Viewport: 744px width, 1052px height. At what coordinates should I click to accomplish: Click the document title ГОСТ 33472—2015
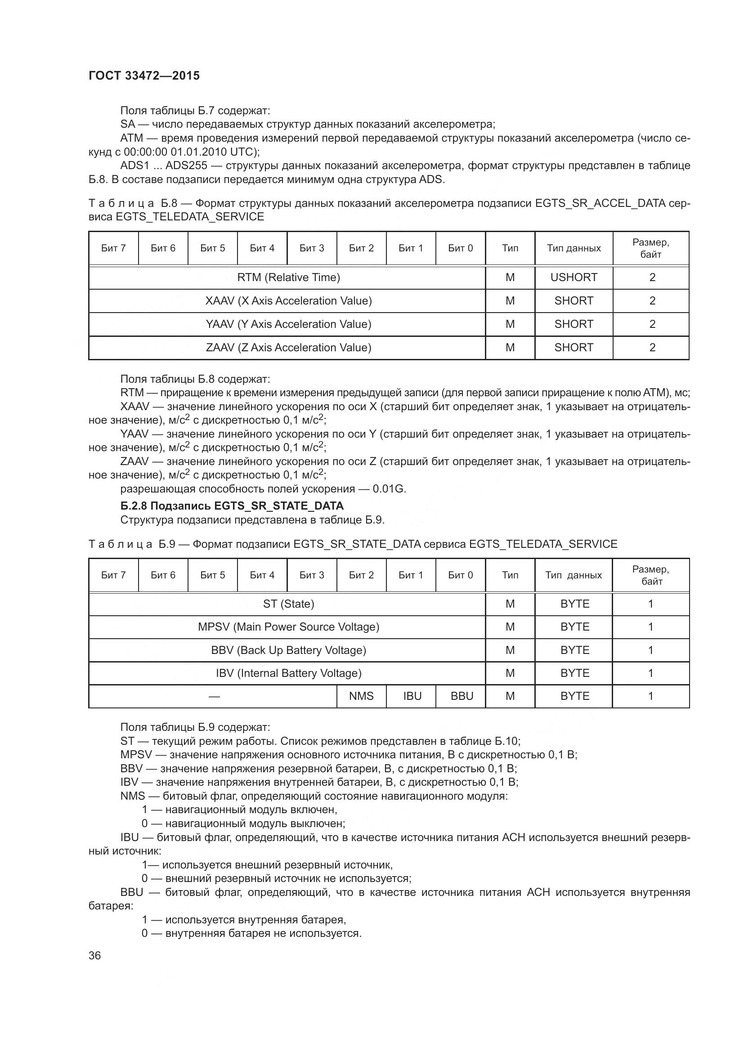click(x=144, y=76)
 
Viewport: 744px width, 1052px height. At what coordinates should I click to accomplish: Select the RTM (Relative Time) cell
click(x=288, y=277)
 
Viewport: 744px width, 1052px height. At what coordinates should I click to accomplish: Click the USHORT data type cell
click(x=574, y=277)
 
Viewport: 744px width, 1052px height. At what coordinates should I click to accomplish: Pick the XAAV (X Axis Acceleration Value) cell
click(x=288, y=300)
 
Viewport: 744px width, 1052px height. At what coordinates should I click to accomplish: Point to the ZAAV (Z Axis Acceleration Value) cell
click(x=288, y=347)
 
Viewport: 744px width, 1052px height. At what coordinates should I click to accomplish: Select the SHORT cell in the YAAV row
click(x=574, y=324)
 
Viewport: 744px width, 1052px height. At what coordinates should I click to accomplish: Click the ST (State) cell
click(x=288, y=604)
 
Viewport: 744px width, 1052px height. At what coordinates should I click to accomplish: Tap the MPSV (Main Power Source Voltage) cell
click(x=288, y=627)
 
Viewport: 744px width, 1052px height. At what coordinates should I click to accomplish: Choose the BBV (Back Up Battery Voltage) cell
click(x=288, y=650)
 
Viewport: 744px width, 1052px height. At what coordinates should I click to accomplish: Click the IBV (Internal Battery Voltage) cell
click(x=288, y=673)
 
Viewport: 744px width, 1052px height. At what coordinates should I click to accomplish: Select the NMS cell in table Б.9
click(x=361, y=696)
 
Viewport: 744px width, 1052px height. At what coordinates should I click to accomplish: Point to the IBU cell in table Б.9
click(x=412, y=696)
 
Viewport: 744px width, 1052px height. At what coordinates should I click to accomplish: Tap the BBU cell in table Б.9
click(x=462, y=696)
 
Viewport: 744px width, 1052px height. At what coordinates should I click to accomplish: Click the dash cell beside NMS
click(x=214, y=696)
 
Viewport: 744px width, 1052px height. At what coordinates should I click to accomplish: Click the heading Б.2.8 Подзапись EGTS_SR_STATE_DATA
click(x=232, y=506)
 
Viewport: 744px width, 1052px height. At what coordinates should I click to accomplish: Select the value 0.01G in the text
click(x=389, y=489)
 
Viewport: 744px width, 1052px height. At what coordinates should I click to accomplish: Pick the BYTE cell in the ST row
click(x=574, y=604)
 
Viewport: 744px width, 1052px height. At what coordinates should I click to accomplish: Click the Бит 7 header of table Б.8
click(x=113, y=248)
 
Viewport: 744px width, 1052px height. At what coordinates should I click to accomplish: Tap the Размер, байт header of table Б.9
click(x=650, y=575)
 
